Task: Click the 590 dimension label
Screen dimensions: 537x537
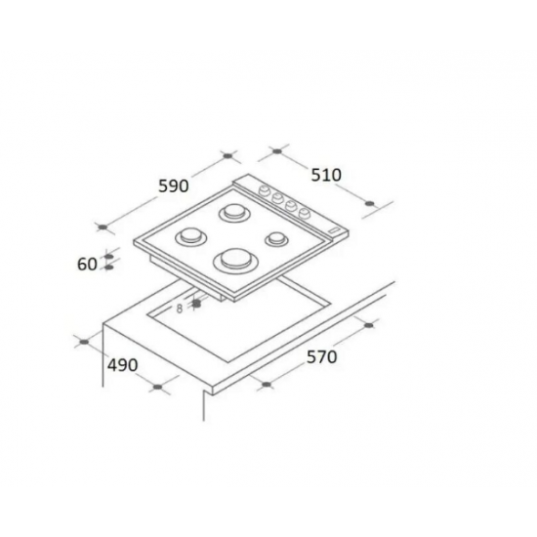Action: (172, 186)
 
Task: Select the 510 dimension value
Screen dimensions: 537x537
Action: (326, 175)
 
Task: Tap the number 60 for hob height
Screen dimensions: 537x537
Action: (85, 264)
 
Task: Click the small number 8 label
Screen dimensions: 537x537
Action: (180, 309)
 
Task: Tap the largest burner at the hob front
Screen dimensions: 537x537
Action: (236, 260)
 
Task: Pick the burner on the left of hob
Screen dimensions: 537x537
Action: (189, 237)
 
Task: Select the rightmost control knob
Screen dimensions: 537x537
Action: (305, 211)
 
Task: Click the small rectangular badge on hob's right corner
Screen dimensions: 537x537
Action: (335, 230)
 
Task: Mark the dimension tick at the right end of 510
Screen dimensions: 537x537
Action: (369, 203)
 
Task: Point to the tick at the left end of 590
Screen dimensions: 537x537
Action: (102, 227)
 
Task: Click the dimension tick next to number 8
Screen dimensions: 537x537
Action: (197, 303)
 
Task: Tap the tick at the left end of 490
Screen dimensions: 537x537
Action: (84, 341)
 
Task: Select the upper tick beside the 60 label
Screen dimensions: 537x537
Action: (108, 257)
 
